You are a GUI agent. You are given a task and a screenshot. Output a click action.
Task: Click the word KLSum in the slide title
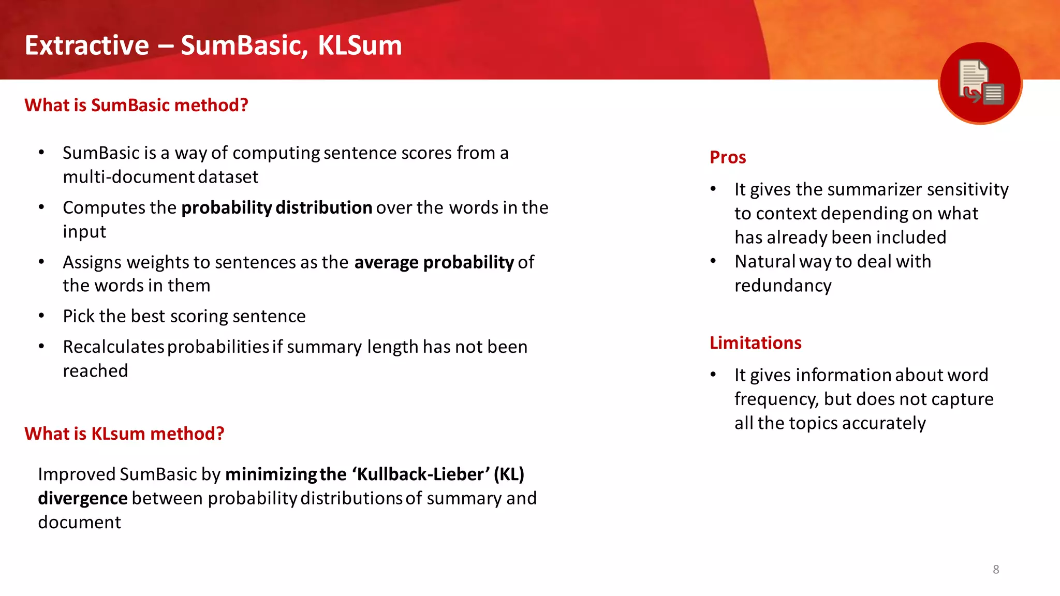point(360,46)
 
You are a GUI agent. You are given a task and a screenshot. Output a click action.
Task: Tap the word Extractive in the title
point(87,46)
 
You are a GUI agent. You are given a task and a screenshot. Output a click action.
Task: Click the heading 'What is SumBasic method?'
point(136,105)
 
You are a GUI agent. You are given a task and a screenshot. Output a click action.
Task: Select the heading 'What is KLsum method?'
point(124,434)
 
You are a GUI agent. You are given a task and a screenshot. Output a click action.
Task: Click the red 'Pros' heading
point(728,157)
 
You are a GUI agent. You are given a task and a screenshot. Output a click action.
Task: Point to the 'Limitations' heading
point(755,343)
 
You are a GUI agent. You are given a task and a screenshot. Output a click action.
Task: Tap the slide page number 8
point(996,570)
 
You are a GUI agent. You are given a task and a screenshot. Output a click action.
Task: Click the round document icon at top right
point(980,83)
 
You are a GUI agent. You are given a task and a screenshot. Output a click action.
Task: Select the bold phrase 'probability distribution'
point(276,207)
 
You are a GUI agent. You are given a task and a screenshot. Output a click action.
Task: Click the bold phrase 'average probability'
point(434,262)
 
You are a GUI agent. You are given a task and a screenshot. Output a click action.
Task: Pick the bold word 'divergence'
point(83,498)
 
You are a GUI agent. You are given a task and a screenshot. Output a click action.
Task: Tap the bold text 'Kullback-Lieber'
point(421,474)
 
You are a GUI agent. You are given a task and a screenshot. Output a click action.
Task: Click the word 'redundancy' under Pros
point(783,286)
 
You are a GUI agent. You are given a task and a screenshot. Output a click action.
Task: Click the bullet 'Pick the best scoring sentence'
point(184,316)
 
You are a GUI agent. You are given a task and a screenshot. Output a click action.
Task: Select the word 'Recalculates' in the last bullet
point(113,347)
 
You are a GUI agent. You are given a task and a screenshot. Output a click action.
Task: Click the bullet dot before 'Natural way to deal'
point(713,261)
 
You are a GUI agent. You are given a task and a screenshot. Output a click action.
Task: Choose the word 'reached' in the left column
point(95,371)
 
